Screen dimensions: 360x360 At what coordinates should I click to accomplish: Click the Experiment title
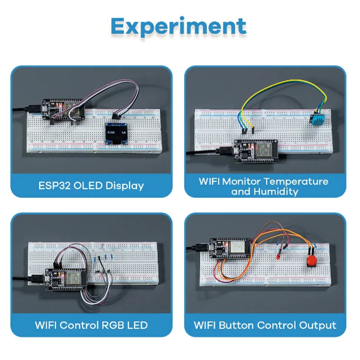point(179,27)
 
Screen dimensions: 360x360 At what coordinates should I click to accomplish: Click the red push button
point(310,261)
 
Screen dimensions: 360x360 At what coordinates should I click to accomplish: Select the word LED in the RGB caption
point(137,325)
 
